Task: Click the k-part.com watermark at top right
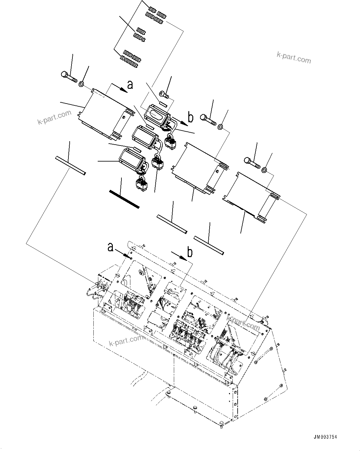point(293,57)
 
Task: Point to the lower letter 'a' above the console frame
point(110,247)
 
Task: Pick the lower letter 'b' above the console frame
point(190,252)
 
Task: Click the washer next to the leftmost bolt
point(82,84)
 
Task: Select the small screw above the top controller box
point(164,93)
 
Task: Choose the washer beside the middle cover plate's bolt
point(220,126)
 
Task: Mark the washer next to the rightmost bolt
point(264,170)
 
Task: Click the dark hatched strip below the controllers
point(125,199)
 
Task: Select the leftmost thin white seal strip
point(70,166)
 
